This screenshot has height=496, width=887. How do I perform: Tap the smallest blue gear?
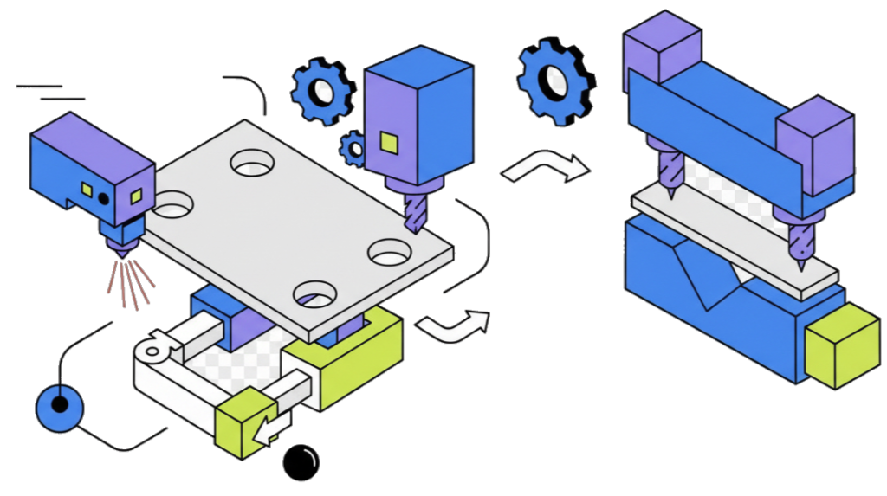coord(353,148)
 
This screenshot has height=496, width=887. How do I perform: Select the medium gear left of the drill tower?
coord(322,89)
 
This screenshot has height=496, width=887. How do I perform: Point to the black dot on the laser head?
coord(104,198)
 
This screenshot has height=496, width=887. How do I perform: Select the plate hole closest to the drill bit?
coord(389,254)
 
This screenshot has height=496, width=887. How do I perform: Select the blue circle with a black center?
coord(60,406)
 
